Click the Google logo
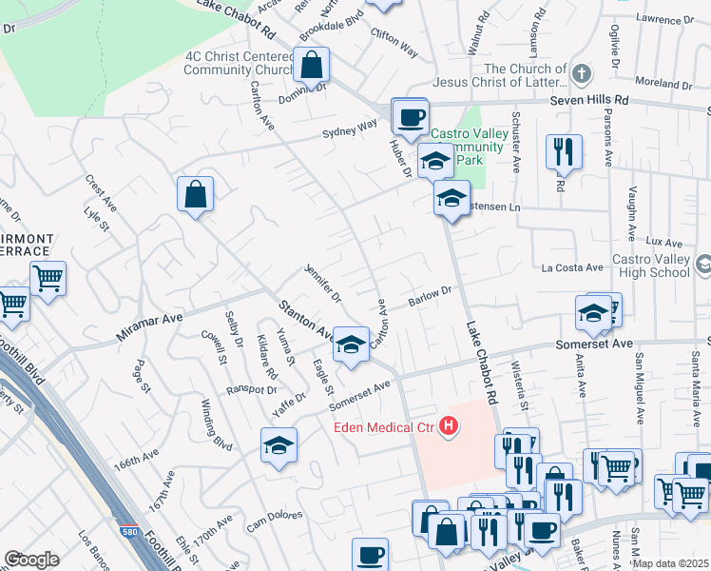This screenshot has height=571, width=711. pyautogui.click(x=31, y=560)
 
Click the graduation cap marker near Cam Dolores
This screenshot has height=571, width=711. pyautogui.click(x=279, y=444)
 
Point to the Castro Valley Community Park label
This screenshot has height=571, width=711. pyautogui.click(x=467, y=147)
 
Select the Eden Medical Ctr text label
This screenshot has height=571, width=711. pyautogui.click(x=383, y=427)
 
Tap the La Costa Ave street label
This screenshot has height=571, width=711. pyautogui.click(x=573, y=268)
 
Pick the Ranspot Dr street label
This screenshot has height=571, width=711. pyautogui.click(x=251, y=390)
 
